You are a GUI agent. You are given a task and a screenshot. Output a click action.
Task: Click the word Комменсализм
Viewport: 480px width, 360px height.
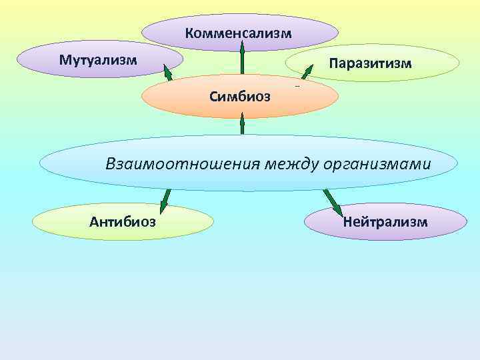(x=239, y=33)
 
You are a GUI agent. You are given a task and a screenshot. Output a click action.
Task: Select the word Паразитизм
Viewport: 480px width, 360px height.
(x=371, y=63)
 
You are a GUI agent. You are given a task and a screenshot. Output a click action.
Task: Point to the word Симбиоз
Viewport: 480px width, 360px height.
(x=240, y=97)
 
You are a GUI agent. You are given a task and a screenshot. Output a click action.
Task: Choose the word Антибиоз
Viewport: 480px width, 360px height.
(x=123, y=221)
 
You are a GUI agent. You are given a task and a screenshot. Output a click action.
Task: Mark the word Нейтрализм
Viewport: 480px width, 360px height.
(x=385, y=221)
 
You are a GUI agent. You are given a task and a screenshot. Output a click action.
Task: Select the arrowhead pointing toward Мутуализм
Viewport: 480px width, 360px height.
(x=167, y=69)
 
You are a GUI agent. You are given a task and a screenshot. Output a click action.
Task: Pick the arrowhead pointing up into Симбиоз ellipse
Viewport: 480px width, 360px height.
(x=242, y=121)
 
